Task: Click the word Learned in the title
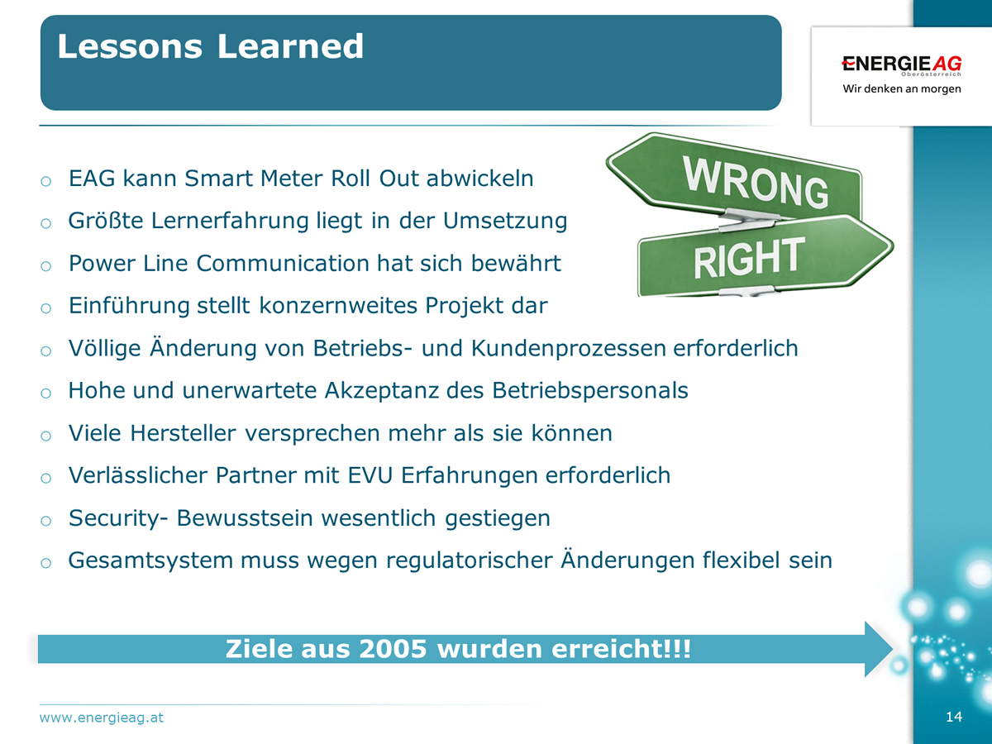[x=290, y=46]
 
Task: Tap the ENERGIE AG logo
[x=902, y=64]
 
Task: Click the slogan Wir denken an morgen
[x=902, y=88]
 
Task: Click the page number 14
[x=954, y=717]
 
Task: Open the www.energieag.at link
[x=101, y=718]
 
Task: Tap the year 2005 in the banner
[x=393, y=649]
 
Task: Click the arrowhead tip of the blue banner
[x=893, y=649]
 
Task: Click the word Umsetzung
[x=505, y=221]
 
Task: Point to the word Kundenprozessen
[x=569, y=348]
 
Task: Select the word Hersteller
[x=183, y=432]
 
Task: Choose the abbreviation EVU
[x=370, y=475]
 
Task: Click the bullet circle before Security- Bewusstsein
[x=45, y=521]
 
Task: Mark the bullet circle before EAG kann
[x=45, y=181]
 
